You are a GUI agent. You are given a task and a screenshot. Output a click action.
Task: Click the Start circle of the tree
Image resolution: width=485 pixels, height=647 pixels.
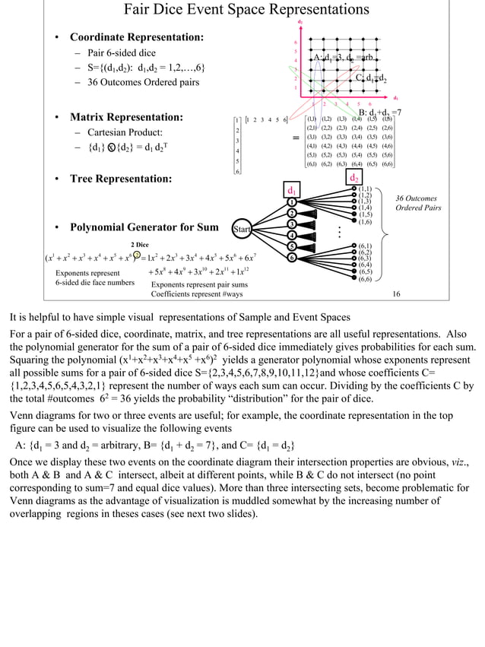click(242, 229)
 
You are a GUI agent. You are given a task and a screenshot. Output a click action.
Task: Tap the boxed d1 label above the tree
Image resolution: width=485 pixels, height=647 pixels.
click(291, 189)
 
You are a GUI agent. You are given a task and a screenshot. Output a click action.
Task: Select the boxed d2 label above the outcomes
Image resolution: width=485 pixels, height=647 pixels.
click(354, 178)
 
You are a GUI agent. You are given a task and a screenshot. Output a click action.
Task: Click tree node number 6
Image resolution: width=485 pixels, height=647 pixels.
click(291, 257)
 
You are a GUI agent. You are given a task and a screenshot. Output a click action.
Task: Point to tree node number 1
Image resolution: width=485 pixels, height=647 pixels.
click(291, 202)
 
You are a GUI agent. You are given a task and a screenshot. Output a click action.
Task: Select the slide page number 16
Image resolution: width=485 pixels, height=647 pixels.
click(396, 293)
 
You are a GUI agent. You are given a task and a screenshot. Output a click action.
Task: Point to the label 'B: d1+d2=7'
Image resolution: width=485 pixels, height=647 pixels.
click(380, 113)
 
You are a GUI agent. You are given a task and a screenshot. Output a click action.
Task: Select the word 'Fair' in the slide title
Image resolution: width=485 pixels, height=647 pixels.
click(138, 10)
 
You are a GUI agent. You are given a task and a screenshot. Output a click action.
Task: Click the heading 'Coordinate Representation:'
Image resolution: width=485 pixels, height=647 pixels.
click(137, 37)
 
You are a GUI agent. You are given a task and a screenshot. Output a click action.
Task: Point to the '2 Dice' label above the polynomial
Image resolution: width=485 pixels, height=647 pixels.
click(140, 244)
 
